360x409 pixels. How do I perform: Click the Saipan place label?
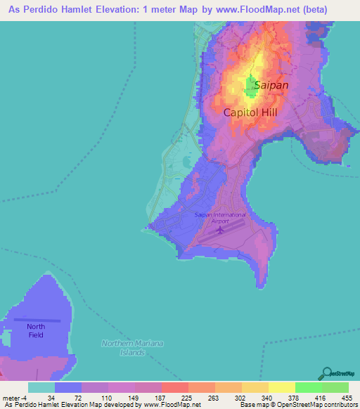pos(271,85)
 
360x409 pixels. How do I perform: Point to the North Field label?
pos(36,331)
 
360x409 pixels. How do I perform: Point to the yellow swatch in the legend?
pos(281,387)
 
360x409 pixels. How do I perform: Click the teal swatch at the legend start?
pos(41,387)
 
